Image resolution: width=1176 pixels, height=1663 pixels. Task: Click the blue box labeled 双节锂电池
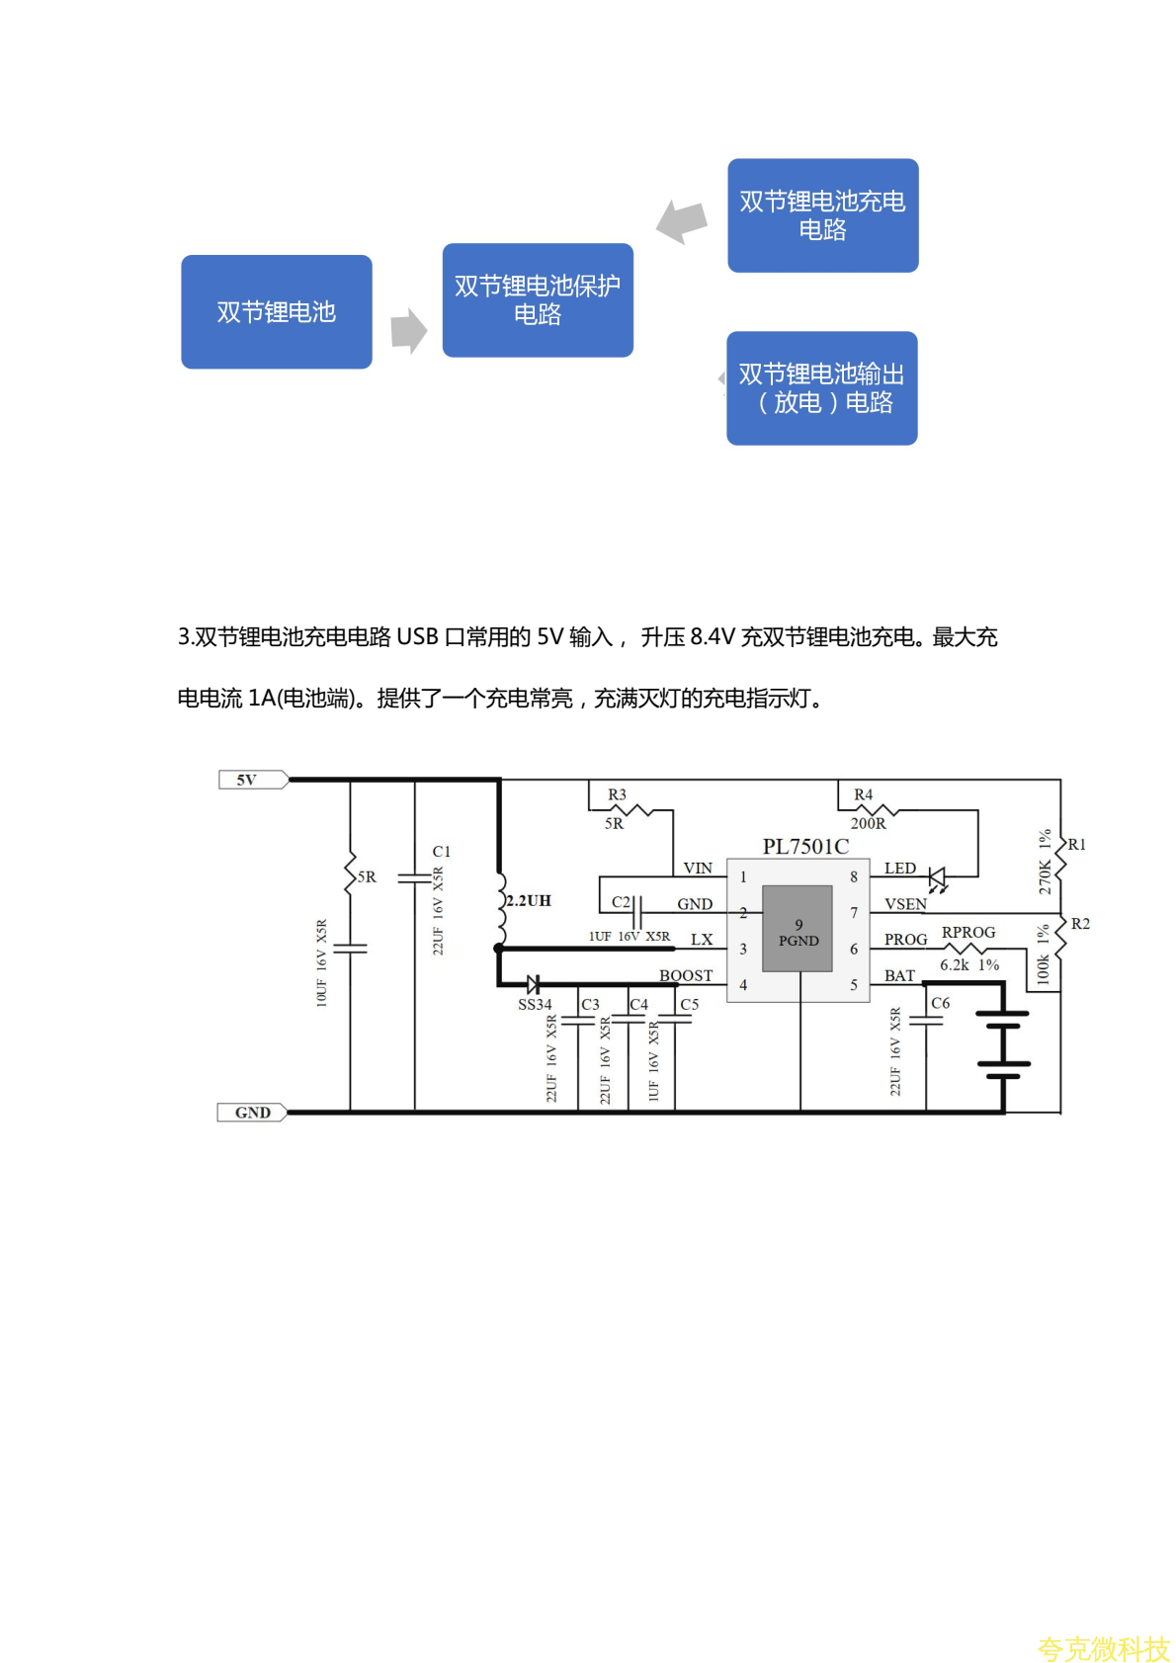click(x=277, y=312)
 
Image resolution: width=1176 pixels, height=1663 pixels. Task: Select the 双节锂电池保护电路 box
click(x=538, y=300)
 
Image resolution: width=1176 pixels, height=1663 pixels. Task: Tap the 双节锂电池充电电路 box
click(x=822, y=215)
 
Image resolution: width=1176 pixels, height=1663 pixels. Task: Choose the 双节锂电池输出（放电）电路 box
click(x=822, y=388)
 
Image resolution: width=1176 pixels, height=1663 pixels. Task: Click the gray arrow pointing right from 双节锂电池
click(x=408, y=330)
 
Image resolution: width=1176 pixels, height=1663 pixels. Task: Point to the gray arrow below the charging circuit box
click(x=683, y=221)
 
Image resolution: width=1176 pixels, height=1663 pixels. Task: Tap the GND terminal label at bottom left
click(x=252, y=1113)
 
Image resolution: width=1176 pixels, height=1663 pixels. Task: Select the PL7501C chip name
click(x=805, y=846)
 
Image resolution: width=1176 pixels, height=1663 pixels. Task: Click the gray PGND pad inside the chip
click(x=798, y=929)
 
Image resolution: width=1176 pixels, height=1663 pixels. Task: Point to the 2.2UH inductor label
click(x=529, y=900)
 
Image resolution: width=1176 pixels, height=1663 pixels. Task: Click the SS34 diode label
click(x=535, y=1004)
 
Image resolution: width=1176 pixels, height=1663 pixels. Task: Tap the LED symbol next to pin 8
click(x=937, y=877)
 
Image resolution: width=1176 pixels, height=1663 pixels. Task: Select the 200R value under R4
click(x=869, y=823)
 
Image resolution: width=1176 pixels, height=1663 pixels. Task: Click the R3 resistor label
click(x=617, y=794)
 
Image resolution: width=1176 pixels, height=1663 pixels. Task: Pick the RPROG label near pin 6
click(x=968, y=932)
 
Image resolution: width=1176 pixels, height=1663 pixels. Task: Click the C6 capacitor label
click(x=941, y=1003)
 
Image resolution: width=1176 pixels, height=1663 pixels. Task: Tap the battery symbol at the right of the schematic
click(x=1003, y=1039)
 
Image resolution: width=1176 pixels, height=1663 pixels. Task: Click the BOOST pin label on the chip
click(x=686, y=975)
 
